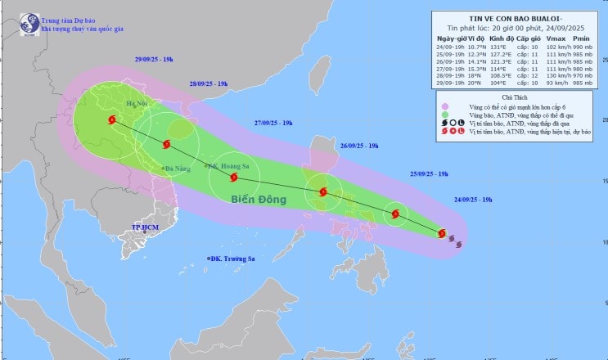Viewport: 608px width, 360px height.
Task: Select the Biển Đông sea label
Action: coord(258,199)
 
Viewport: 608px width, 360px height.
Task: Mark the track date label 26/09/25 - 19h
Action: coord(358,146)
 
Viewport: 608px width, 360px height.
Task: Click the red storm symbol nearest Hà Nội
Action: coord(111,119)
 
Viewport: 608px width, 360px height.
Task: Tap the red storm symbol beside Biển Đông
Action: coord(234,177)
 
